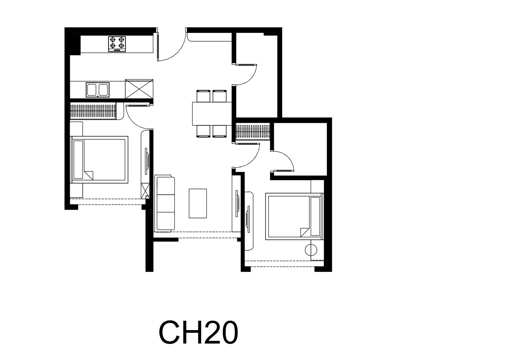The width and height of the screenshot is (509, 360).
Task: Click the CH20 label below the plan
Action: [198, 332]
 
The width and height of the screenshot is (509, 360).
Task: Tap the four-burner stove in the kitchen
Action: [117, 44]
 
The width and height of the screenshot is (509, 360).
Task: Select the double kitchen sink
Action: [98, 90]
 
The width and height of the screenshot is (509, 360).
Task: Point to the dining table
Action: [212, 114]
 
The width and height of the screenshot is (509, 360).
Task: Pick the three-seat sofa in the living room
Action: [165, 203]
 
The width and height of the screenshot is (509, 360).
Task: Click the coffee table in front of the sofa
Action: [198, 203]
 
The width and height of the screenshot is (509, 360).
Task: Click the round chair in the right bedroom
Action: [310, 250]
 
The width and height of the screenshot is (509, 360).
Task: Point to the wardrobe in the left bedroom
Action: [93, 111]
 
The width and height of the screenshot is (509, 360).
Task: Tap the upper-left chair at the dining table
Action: [203, 96]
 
